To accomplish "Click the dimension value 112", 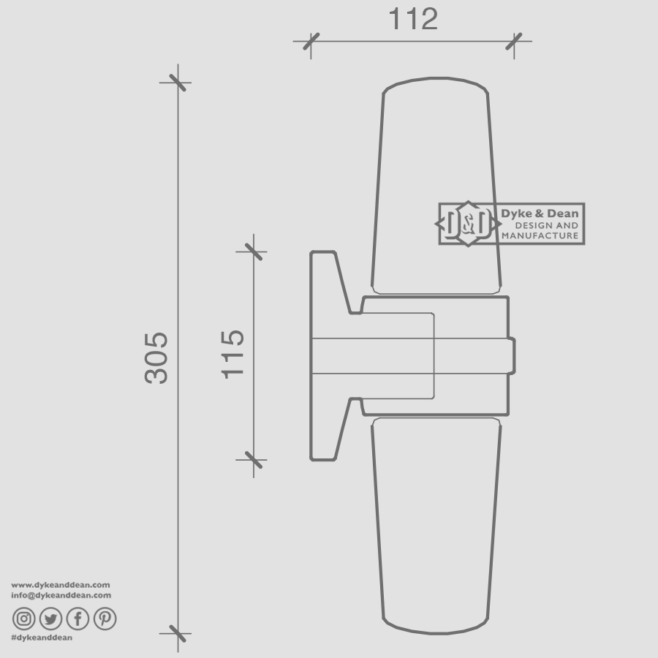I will click(x=412, y=20).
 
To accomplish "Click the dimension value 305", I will click(x=156, y=358).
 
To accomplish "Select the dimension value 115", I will click(x=232, y=354).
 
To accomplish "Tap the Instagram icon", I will click(x=24, y=619).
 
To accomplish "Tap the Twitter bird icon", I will click(x=50, y=619).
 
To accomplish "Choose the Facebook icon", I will click(x=77, y=619).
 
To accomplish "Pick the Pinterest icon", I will click(x=105, y=619).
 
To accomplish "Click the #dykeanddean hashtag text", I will click(x=42, y=638).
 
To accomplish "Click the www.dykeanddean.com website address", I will click(x=61, y=585).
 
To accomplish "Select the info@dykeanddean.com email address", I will click(x=61, y=595).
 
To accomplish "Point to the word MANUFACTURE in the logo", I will click(x=540, y=235).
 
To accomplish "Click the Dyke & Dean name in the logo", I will click(x=540, y=213).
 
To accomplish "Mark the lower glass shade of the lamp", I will click(x=436, y=526).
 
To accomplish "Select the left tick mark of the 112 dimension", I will click(x=311, y=41).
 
